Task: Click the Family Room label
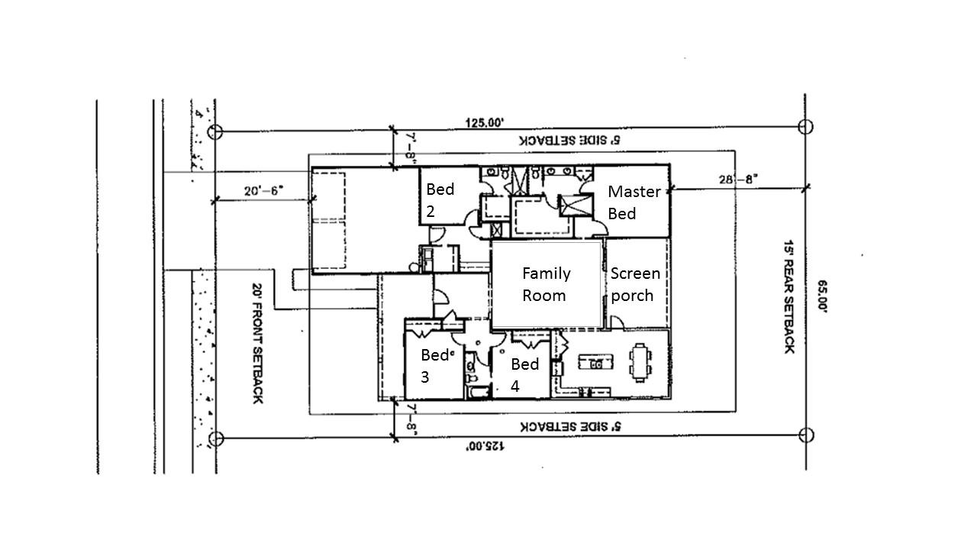[546, 284]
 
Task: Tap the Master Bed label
[634, 202]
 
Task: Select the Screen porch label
[635, 284]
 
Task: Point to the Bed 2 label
[440, 200]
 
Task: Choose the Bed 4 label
[525, 375]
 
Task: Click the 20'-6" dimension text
[264, 190]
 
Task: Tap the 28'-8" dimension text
[737, 180]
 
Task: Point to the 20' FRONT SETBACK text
[257, 345]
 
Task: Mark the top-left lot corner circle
[215, 131]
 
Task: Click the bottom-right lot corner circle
[806, 435]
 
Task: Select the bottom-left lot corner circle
[216, 438]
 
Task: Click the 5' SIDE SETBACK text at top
[569, 141]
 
